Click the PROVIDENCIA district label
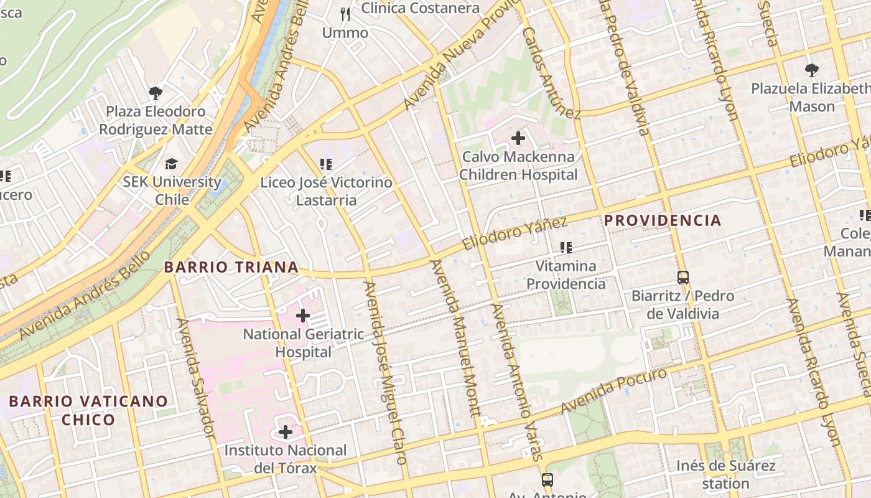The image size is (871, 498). point(663,220)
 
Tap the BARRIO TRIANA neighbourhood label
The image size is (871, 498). point(231,267)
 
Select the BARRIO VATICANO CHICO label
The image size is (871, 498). point(88,410)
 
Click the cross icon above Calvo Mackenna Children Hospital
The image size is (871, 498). point(518,138)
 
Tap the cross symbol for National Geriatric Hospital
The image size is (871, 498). point(303,316)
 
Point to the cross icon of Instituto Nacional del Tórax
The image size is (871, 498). point(286,431)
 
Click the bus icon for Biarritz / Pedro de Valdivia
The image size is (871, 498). point(683,278)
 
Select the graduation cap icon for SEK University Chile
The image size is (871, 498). point(171,164)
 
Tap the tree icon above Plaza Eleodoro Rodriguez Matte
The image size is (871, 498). point(156,93)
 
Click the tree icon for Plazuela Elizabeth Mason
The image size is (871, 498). point(812,70)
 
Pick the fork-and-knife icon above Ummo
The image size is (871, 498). point(345,14)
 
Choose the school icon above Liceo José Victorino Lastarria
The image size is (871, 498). point(326,164)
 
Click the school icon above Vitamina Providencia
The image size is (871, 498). point(566,248)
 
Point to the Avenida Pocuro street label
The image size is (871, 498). point(614,390)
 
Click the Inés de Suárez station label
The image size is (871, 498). point(726,474)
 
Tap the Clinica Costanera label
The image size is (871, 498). point(421,8)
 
